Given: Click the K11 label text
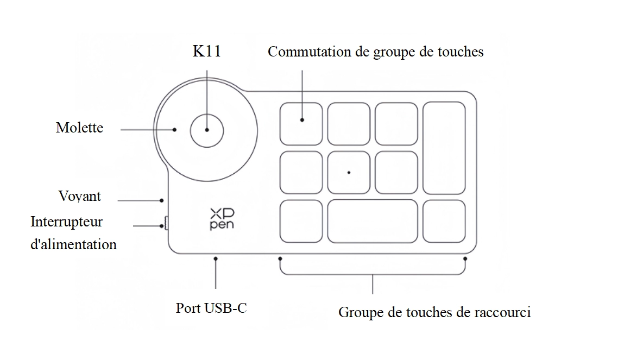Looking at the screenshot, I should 207,52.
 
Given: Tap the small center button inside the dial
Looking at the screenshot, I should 207,130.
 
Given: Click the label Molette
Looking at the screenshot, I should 79,128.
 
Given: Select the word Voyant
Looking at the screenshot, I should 79,196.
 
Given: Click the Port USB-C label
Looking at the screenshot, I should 211,308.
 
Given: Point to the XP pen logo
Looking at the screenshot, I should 222,219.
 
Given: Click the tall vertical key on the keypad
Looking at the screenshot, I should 444,148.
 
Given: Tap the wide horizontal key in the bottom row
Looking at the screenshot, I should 372,221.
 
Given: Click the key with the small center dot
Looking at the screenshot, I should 349,172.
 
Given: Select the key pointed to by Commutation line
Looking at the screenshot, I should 301,124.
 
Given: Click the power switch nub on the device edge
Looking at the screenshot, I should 166,224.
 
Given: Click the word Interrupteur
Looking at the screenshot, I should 66,222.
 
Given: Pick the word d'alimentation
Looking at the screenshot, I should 74,244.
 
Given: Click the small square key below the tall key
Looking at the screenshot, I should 444,221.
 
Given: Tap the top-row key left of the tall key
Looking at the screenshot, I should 396,124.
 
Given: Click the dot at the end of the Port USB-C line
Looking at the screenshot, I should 216,260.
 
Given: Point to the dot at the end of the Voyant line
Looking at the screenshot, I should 162,200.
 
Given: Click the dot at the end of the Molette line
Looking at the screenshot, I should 175,130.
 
